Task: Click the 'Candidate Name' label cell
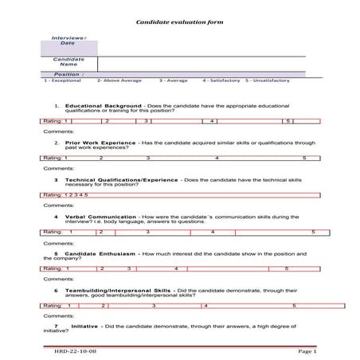pos(68,62)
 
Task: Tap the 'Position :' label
pos(68,74)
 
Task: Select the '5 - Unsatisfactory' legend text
pos(268,80)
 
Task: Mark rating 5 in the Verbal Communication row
pos(313,232)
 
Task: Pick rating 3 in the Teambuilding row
pos(147,306)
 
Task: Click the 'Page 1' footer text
pos(307,350)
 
